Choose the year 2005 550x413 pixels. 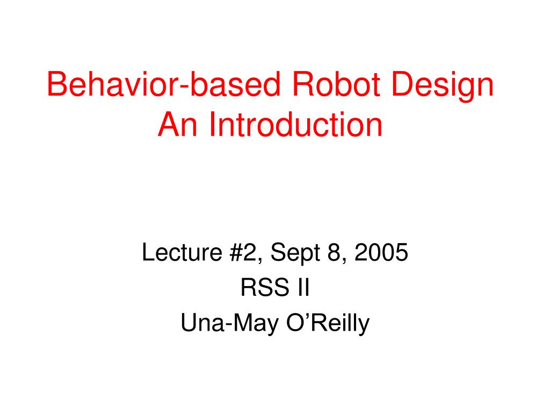pyautogui.click(x=381, y=253)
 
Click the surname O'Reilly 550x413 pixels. pyautogui.click(x=324, y=323)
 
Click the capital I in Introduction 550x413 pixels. pyautogui.click(x=213, y=125)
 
